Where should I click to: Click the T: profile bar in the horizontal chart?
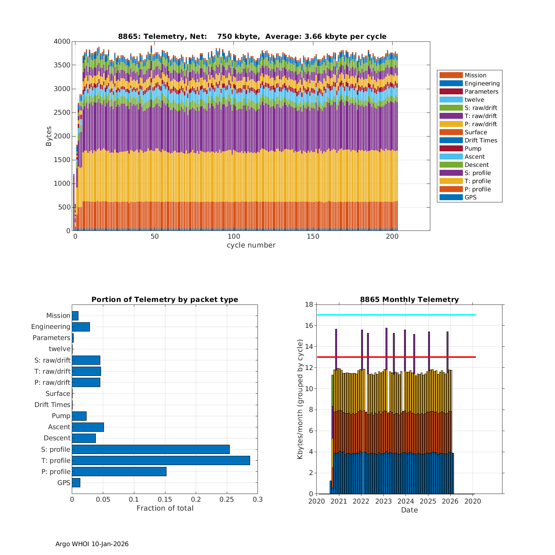click(x=161, y=460)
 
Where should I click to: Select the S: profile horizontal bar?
click(x=151, y=449)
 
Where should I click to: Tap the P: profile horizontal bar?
click(x=119, y=471)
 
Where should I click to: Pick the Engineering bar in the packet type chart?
click(x=81, y=327)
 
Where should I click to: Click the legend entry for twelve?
click(x=474, y=100)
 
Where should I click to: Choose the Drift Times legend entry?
click(x=481, y=141)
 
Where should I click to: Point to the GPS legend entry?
click(x=470, y=198)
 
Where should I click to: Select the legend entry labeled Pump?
click(x=472, y=149)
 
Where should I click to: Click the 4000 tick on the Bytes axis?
click(x=62, y=41)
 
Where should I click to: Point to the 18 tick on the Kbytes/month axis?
click(x=309, y=305)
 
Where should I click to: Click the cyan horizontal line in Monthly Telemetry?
click(x=396, y=315)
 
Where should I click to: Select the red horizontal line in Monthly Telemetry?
click(x=396, y=357)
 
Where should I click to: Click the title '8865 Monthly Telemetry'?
click(x=409, y=299)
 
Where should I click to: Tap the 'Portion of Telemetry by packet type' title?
click(x=165, y=299)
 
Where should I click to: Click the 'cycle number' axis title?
click(x=251, y=245)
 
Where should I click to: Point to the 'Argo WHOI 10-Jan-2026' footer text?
click(x=92, y=544)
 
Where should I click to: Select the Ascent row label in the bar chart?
click(x=59, y=427)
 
